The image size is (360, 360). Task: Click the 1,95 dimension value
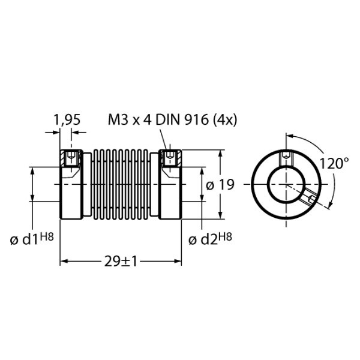(67, 120)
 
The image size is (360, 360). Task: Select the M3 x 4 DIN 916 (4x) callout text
(172, 120)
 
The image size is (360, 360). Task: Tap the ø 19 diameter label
(220, 185)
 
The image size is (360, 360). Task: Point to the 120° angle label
(334, 163)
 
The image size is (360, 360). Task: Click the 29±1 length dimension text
(121, 261)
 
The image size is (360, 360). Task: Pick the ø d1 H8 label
(32, 239)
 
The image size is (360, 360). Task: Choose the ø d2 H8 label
(210, 239)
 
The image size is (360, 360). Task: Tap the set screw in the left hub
(71, 158)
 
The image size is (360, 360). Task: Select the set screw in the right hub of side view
(170, 157)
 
